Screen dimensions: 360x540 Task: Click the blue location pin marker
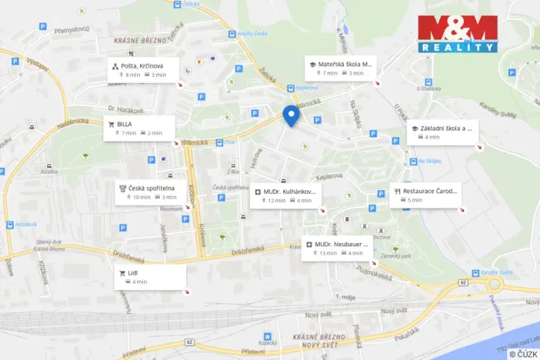tap(291, 115)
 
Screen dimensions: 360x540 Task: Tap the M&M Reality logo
tap(458, 34)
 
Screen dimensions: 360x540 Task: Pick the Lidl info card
tap(149, 277)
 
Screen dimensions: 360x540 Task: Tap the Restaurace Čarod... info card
tap(425, 195)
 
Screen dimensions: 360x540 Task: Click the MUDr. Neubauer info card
tap(337, 248)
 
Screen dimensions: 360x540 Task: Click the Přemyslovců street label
tap(72, 30)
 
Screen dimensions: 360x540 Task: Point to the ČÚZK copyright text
tap(523, 354)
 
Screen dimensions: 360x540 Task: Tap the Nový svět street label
tap(318, 315)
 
